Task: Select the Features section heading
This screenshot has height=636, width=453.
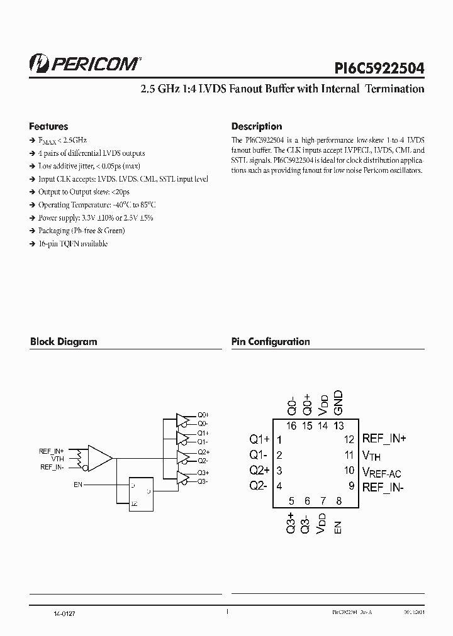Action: (x=48, y=126)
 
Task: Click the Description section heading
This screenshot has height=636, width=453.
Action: (x=256, y=126)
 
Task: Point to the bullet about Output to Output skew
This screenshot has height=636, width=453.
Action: (x=84, y=192)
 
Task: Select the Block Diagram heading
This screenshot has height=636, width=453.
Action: (x=64, y=342)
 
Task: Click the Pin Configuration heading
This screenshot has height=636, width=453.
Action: (x=271, y=342)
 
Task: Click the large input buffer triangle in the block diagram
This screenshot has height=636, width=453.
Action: (x=99, y=458)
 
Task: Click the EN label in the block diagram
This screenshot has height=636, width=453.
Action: (x=78, y=485)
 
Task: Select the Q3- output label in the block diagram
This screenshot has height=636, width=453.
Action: (x=203, y=481)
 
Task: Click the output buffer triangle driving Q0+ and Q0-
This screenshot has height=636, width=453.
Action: (x=182, y=419)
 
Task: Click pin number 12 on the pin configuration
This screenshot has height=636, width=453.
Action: (x=349, y=439)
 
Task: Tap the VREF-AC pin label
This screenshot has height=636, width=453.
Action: (x=381, y=472)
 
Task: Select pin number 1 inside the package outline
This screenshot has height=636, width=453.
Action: (x=279, y=439)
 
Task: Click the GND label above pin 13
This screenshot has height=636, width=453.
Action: (x=338, y=402)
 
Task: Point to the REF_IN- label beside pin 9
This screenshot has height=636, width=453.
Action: (x=384, y=486)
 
